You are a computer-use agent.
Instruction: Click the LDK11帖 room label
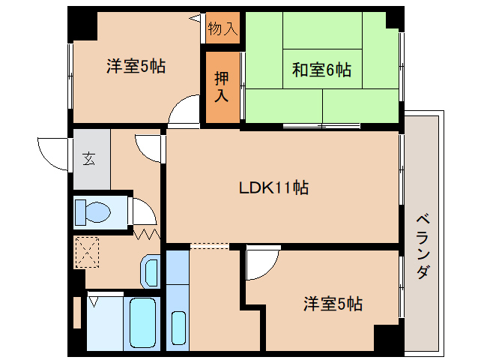pos(273,187)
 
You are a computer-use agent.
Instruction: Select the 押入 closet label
pos(221,87)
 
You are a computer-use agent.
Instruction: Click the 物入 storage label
pos(223,28)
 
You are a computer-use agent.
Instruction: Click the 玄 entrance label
pos(89,158)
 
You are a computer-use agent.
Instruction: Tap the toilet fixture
pos(94,211)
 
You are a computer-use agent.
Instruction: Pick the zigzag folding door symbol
pos(147,235)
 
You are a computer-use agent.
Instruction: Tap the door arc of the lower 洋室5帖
pos(262,263)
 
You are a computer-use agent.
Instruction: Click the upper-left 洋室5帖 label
pos(135,66)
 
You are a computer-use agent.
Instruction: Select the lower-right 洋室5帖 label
pos(333,304)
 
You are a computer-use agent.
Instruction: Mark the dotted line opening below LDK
pos(209,245)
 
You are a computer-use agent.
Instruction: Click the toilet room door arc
pos(143,211)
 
